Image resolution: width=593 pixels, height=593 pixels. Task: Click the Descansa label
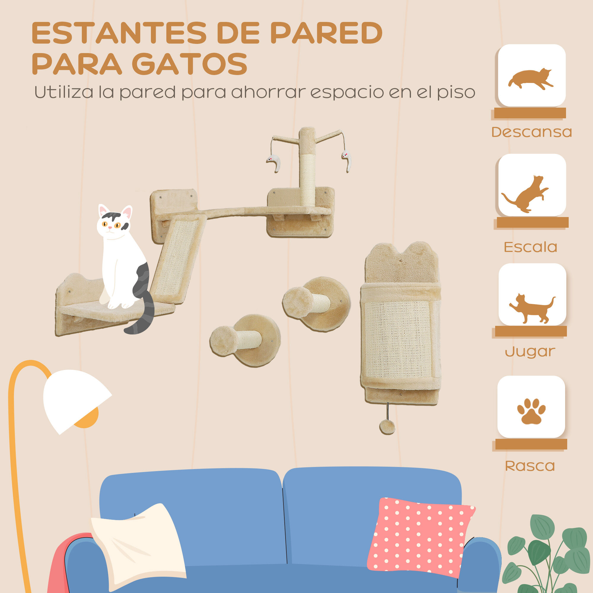(x=532, y=132)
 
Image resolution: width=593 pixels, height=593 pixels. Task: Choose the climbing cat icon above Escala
(x=526, y=194)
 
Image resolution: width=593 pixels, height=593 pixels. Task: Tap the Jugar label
(x=530, y=351)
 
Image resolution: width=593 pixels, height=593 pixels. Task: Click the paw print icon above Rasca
(x=531, y=411)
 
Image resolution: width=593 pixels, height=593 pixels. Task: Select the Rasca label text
(x=530, y=466)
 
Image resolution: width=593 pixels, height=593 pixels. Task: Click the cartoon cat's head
(x=114, y=224)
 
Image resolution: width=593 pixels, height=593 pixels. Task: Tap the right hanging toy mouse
(x=347, y=161)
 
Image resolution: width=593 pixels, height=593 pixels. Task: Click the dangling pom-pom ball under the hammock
(x=387, y=427)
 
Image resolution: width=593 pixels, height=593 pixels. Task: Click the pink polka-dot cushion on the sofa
(x=421, y=540)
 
